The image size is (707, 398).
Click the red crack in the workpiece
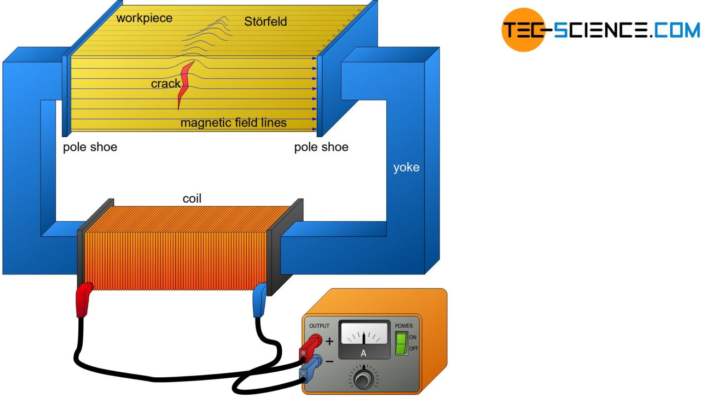[x=185, y=83]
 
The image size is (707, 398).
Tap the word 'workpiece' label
[x=144, y=18]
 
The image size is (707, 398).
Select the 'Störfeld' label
[x=265, y=22]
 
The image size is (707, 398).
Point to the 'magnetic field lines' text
[x=233, y=123]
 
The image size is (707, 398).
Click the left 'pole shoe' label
[x=90, y=147]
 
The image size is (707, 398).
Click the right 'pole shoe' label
[x=321, y=147]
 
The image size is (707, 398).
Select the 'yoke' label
[x=406, y=167]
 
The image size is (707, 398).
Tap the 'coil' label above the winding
[x=192, y=199]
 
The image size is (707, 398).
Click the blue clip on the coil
[x=260, y=299]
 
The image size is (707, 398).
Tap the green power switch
[x=401, y=344]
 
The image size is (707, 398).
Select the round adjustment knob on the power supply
[x=364, y=379]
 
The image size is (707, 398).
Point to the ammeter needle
[x=364, y=338]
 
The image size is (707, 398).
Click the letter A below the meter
[x=363, y=353]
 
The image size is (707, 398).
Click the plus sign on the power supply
[x=330, y=341]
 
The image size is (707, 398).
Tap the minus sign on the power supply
[x=330, y=362]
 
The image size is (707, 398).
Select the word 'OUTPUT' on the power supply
[x=319, y=326]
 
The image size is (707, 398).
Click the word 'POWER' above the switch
[x=404, y=326]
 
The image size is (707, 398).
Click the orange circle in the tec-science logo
[x=523, y=29]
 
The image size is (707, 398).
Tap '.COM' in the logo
[x=675, y=30]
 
